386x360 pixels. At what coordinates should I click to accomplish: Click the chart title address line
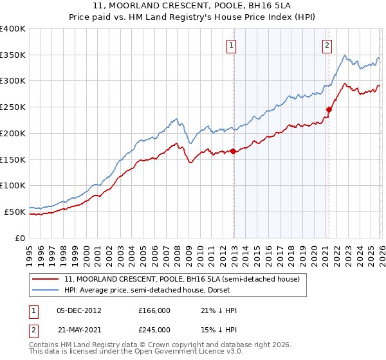click(x=193, y=5)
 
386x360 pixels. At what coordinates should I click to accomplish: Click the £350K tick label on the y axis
click(x=13, y=55)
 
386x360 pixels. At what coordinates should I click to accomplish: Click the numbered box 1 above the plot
click(x=231, y=45)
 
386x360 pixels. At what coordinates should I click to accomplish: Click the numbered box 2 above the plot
click(x=327, y=45)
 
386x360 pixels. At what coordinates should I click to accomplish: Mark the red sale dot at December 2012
click(x=233, y=151)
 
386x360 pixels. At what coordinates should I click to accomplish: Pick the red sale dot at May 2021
click(x=329, y=110)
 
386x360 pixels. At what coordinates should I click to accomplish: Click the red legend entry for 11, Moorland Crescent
click(x=182, y=279)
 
